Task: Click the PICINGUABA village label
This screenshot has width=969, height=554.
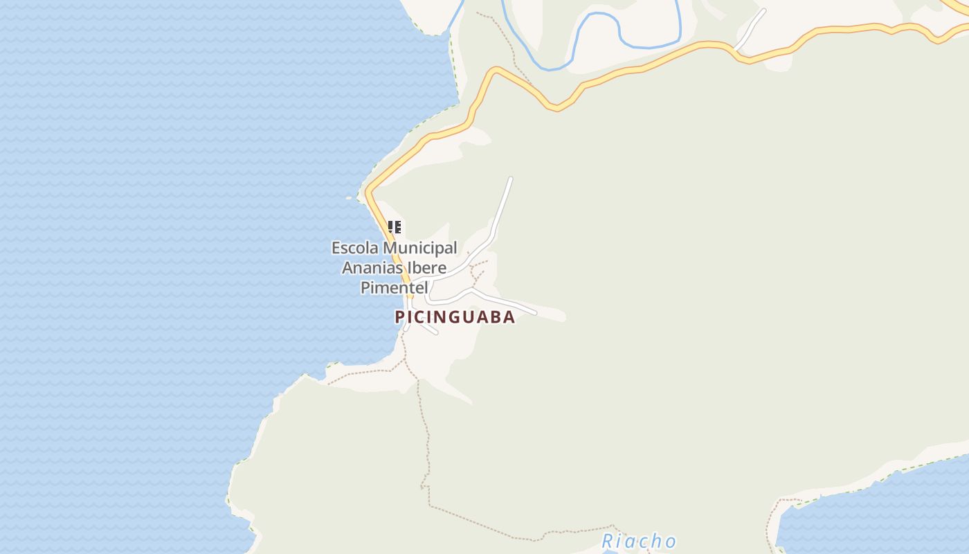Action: pyautogui.click(x=455, y=317)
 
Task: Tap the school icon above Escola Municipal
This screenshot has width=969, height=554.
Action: pyautogui.click(x=395, y=227)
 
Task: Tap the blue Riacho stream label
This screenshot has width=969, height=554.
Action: pyautogui.click(x=638, y=541)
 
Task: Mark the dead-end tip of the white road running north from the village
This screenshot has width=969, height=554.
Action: pyautogui.click(x=510, y=179)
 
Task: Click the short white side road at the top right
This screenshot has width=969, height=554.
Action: pyautogui.click(x=751, y=28)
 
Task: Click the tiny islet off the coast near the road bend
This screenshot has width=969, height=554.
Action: pyautogui.click(x=349, y=198)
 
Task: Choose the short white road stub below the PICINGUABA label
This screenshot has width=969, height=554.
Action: pyautogui.click(x=429, y=330)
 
